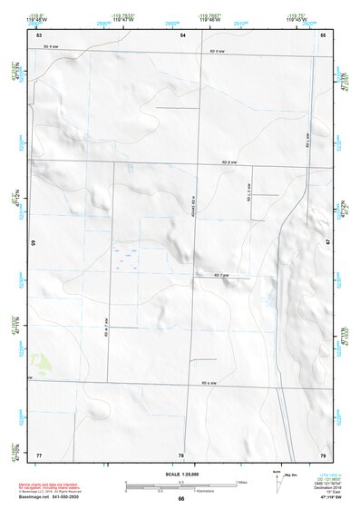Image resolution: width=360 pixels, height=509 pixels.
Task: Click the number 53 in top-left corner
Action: pyautogui.click(x=39, y=34)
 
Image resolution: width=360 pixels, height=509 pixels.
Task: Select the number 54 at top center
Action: pyautogui.click(x=182, y=34)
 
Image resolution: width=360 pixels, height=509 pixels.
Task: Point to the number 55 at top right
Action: pyautogui.click(x=323, y=34)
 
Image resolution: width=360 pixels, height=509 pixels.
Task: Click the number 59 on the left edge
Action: pyautogui.click(x=33, y=243)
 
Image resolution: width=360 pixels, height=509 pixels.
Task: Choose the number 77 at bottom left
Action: pyautogui.click(x=39, y=454)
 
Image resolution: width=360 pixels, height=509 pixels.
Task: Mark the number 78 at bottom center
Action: pyautogui.click(x=181, y=454)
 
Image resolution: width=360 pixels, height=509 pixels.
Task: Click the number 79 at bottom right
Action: pyautogui.click(x=323, y=454)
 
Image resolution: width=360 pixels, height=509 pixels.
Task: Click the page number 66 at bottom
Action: pyautogui.click(x=181, y=498)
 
